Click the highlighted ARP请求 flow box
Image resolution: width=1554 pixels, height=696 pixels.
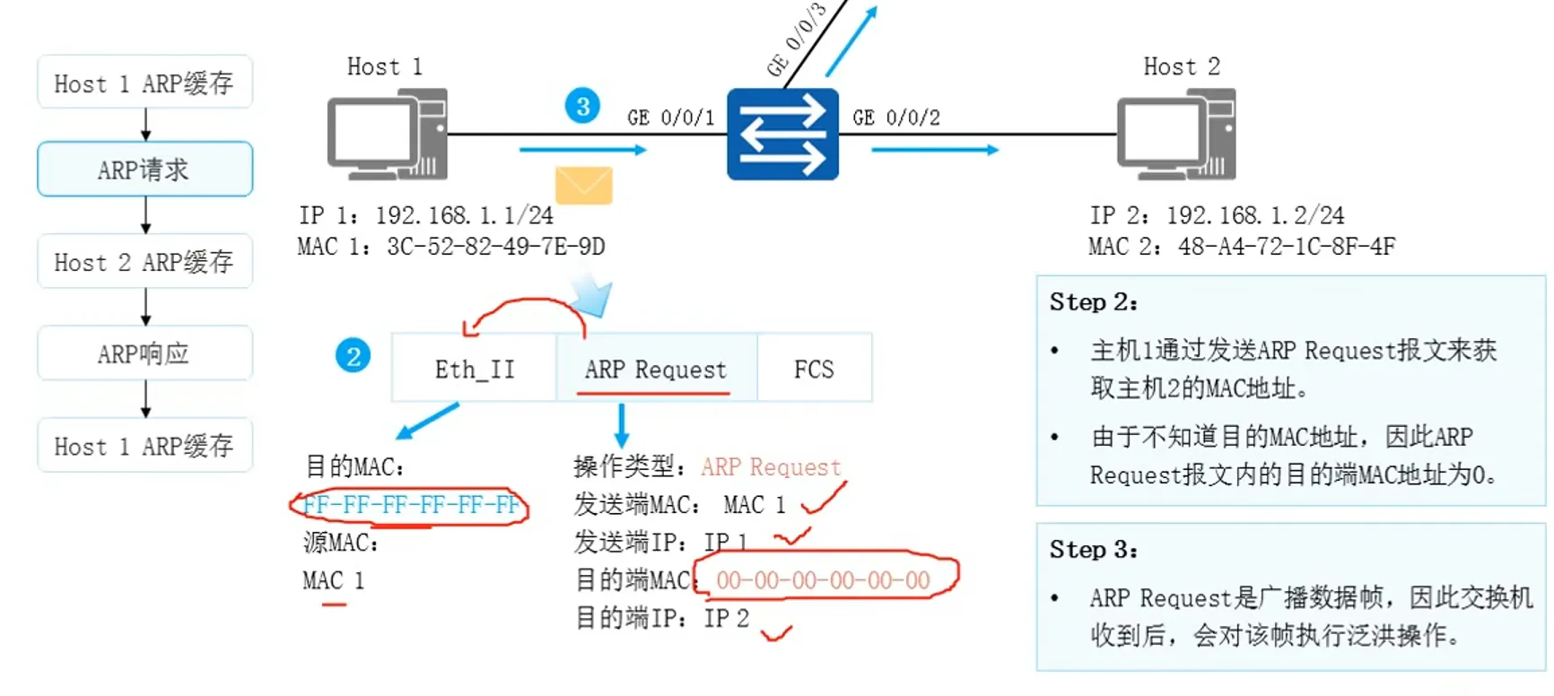(144, 169)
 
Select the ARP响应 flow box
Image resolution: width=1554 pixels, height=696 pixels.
(144, 353)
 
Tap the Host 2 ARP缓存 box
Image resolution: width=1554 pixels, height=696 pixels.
(144, 262)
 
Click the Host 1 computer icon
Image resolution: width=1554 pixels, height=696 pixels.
(388, 134)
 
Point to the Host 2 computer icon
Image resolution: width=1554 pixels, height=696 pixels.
(1176, 134)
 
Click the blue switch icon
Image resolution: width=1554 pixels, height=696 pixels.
(782, 135)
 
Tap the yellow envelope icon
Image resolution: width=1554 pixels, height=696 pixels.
(583, 185)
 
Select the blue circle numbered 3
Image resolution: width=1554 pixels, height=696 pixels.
(582, 107)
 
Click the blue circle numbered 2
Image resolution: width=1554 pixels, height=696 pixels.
(353, 356)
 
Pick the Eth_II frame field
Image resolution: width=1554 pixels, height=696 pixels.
(474, 369)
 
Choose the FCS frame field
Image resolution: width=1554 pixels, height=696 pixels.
(814, 369)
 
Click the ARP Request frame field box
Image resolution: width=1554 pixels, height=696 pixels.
(656, 369)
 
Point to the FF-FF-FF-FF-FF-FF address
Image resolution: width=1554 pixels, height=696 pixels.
(411, 505)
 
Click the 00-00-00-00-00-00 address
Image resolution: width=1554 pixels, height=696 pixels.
(823, 580)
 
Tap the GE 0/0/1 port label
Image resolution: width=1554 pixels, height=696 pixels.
(670, 117)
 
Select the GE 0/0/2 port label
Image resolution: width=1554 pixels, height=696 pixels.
(896, 117)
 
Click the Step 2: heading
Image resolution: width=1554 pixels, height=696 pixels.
(1093, 302)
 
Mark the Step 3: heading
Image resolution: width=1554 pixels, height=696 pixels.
(1093, 550)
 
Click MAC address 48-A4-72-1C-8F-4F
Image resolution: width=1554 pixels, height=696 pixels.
(1287, 247)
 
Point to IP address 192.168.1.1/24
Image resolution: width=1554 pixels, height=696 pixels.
(464, 215)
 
